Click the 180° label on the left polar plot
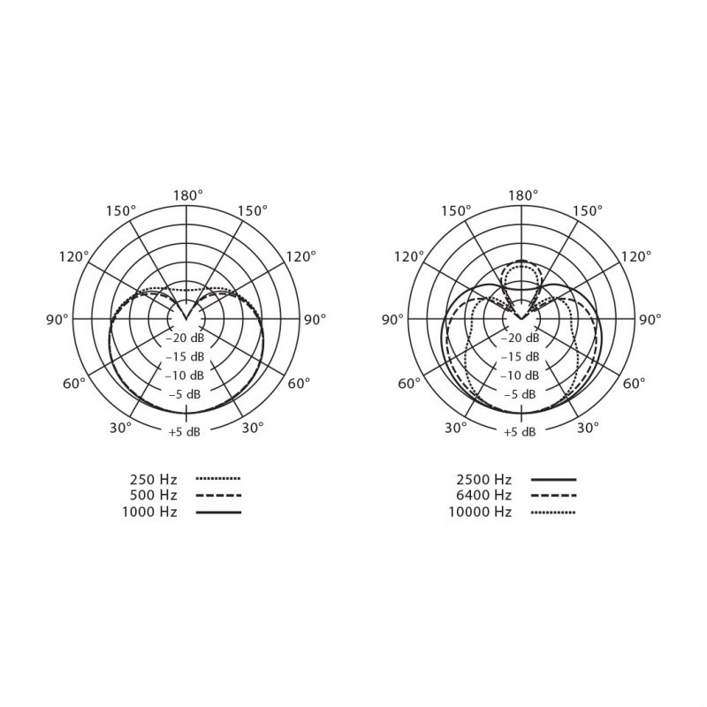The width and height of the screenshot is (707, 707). (188, 195)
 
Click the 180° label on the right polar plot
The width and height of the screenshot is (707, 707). (523, 195)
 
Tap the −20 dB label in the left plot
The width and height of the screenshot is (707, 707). (185, 338)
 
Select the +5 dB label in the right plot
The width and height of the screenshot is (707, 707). (520, 432)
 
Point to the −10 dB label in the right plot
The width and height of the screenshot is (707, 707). (520, 376)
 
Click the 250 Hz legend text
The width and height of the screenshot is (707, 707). (153, 479)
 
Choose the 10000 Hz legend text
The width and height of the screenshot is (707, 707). (480, 513)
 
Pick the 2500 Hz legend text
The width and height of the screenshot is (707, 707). (483, 479)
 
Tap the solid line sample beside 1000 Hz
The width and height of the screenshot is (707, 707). (218, 513)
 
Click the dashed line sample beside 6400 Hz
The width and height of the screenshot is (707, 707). (554, 496)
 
